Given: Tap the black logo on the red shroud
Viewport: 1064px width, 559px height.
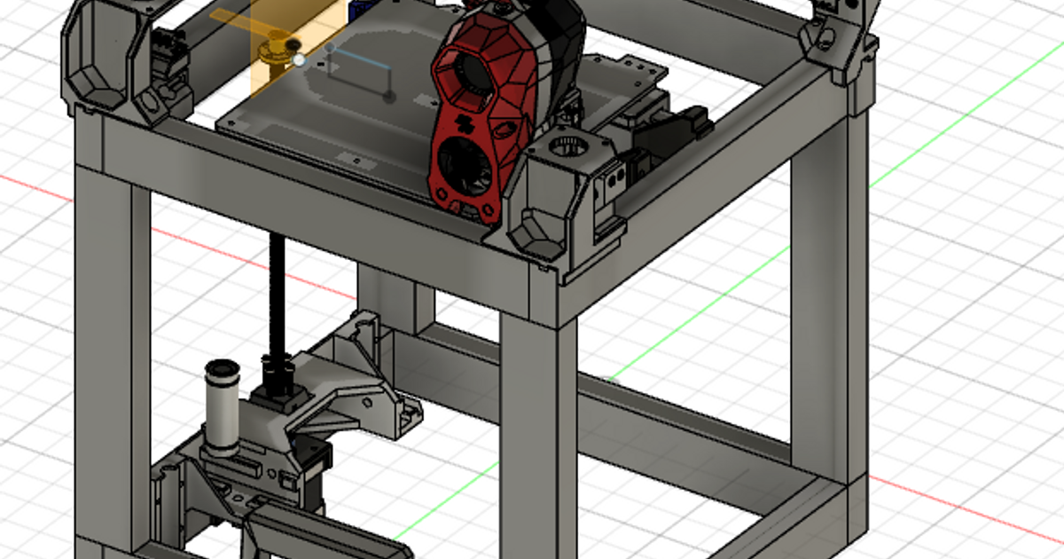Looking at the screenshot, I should tap(462, 122).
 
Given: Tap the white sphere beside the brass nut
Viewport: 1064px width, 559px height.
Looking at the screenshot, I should tap(299, 60).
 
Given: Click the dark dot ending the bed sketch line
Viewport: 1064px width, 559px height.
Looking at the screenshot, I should tap(388, 94).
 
